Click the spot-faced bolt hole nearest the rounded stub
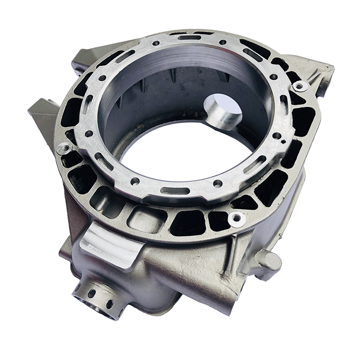[237, 219]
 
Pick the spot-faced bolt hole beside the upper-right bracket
[300, 86]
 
